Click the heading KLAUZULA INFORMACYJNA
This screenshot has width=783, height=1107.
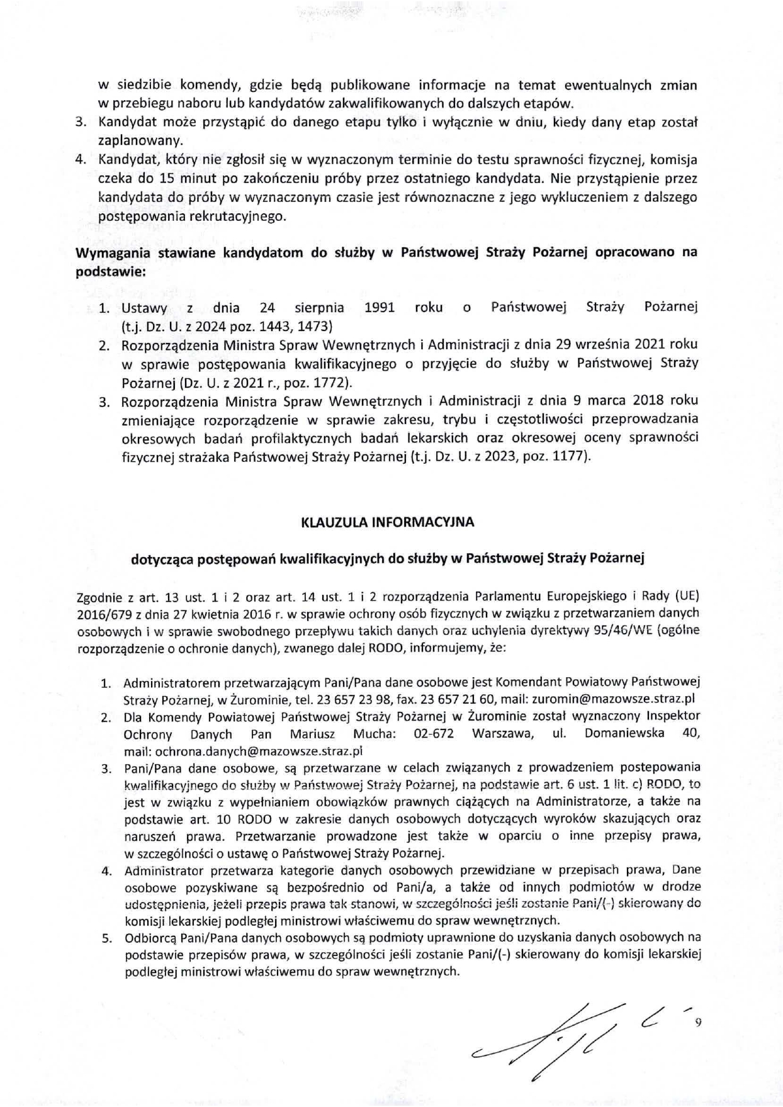(x=388, y=522)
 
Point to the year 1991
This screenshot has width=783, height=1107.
(x=380, y=308)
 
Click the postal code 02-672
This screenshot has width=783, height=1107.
(x=434, y=734)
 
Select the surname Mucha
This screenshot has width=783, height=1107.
(x=374, y=734)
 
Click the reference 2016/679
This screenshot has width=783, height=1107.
(x=99, y=613)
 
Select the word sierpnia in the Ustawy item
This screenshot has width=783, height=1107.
(x=319, y=308)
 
